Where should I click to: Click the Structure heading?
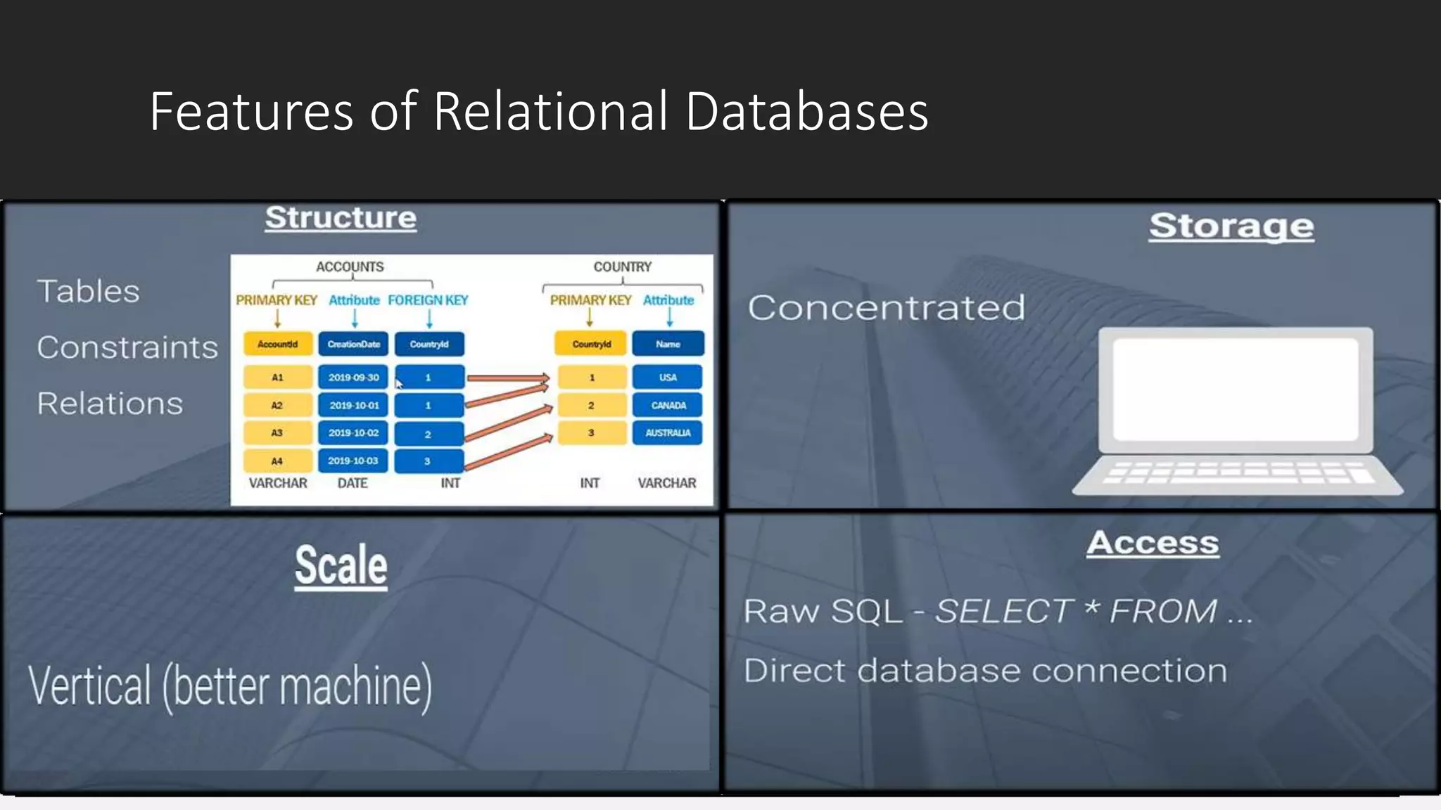(x=341, y=218)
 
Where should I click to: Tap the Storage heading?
(x=1231, y=226)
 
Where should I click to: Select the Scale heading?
(x=341, y=565)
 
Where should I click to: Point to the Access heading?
(x=1153, y=543)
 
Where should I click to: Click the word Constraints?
(x=127, y=347)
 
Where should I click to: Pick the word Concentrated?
(x=886, y=308)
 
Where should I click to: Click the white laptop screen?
(x=1235, y=389)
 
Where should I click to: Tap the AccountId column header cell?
(x=278, y=344)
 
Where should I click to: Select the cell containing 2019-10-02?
(x=353, y=433)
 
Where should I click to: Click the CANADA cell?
(x=668, y=406)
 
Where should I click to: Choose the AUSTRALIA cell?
(x=668, y=433)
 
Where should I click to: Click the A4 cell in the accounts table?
(x=277, y=461)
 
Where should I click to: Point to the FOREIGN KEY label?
(x=428, y=300)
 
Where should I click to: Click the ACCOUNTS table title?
(x=350, y=267)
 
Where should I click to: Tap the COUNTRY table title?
(x=622, y=267)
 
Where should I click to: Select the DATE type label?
(x=353, y=483)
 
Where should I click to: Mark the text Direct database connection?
(x=985, y=671)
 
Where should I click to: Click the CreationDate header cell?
(x=353, y=344)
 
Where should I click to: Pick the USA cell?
(x=668, y=378)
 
